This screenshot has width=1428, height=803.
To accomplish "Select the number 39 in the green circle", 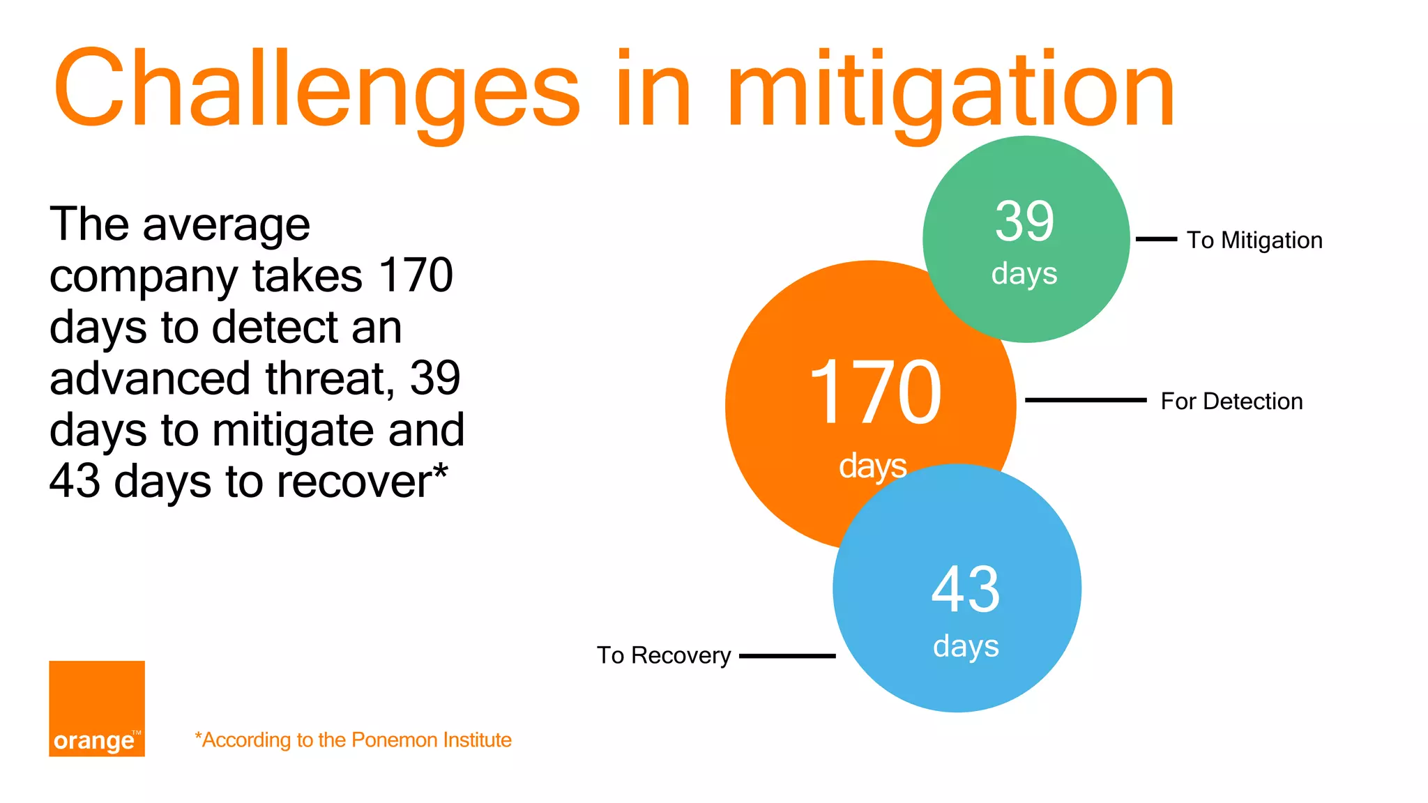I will (1024, 222).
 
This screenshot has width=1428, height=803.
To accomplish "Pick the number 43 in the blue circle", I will (966, 590).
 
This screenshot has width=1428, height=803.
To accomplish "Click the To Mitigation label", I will (1254, 240).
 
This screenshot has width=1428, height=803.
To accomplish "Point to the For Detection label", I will (1231, 401).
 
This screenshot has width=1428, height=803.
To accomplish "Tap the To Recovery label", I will (663, 655).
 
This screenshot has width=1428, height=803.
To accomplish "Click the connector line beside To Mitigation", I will (1156, 239).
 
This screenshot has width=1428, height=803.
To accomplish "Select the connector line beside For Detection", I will (1085, 400).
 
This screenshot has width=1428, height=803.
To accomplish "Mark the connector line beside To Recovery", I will (787, 656).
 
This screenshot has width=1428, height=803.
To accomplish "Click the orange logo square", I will (97, 708).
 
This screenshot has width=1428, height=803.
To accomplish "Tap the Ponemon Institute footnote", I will (354, 740).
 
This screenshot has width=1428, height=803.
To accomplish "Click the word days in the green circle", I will (1024, 274).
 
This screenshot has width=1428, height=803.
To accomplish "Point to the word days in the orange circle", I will (872, 466).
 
